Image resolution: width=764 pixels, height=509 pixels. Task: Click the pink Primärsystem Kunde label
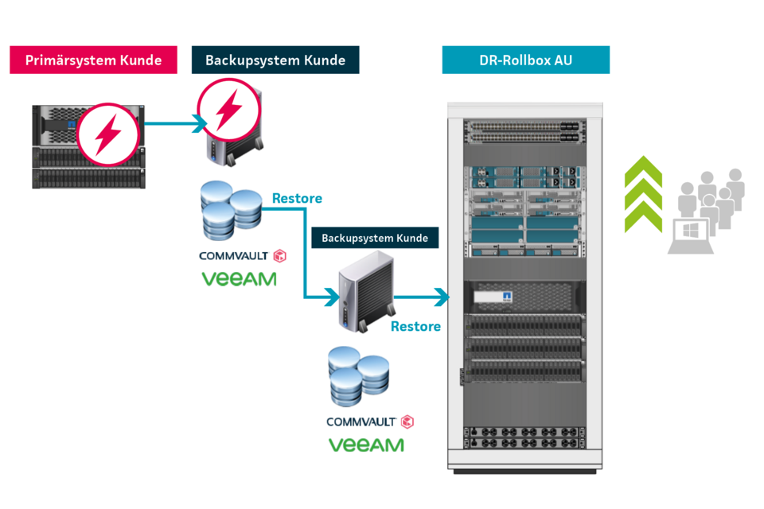[x=93, y=60]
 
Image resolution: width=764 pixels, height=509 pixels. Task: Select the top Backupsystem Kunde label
[x=275, y=60]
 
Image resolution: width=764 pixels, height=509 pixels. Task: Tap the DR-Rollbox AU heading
[x=525, y=60]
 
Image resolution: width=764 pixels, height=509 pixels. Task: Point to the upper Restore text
[x=297, y=198]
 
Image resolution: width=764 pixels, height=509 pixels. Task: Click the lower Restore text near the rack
[x=415, y=326]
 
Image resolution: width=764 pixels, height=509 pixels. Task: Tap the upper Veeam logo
[x=239, y=279]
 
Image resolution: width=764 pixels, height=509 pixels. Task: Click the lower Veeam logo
[x=366, y=445]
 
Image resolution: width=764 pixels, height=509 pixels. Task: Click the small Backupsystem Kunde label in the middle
[x=375, y=238]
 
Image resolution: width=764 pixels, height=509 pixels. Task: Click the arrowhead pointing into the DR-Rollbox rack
[x=440, y=298]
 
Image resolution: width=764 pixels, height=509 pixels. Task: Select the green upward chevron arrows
[x=643, y=195]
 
